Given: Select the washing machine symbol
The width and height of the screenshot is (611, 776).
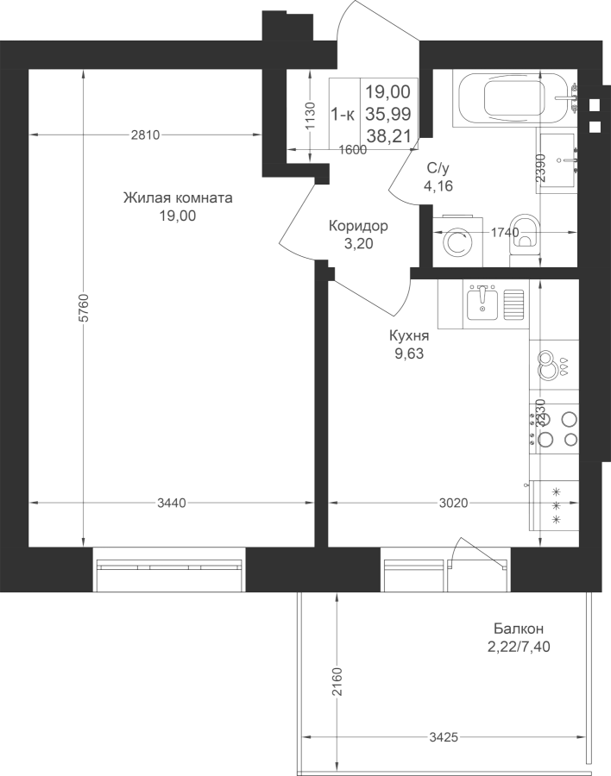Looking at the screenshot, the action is click(457, 241).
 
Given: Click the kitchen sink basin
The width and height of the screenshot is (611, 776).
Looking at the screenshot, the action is click(482, 304).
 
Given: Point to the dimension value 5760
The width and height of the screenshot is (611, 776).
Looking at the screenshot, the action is click(84, 309).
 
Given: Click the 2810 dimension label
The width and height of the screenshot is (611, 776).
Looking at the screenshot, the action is click(145, 135).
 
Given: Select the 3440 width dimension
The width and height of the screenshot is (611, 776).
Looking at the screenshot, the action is click(172, 504).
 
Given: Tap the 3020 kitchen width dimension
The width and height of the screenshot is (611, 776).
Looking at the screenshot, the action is click(453, 504).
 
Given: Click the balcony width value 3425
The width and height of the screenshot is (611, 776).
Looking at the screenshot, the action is click(444, 737).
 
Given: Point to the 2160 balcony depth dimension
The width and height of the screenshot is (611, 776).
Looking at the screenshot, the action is click(337, 682).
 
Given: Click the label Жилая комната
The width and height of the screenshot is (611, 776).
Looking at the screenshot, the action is click(178, 198).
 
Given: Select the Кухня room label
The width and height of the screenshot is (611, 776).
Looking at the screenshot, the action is click(409, 336).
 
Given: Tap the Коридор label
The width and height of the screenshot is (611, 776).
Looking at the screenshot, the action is click(358, 226).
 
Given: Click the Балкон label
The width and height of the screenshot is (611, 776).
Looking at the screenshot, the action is click(519, 629).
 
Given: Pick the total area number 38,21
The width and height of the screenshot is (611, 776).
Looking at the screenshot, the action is click(389, 135).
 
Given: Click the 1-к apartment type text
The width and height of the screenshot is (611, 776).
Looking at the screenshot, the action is click(343, 115).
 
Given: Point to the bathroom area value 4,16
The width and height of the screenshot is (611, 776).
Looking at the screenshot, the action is click(438, 186).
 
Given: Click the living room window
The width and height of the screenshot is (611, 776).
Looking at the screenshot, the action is click(169, 569).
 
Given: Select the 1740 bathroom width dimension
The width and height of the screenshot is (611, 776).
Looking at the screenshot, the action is click(505, 232).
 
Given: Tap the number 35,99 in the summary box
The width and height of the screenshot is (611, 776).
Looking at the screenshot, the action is click(388, 114).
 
